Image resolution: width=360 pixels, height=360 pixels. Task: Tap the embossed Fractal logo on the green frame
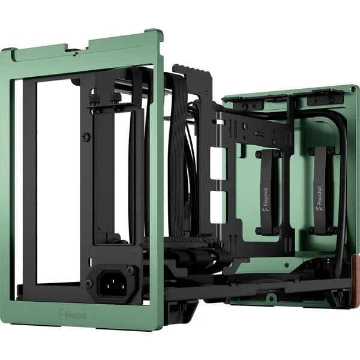72,314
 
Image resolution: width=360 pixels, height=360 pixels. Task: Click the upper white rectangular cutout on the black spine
218,163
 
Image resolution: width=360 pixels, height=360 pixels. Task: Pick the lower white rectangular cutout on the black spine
218,208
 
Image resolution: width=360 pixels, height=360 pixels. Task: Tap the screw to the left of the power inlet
90,283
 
